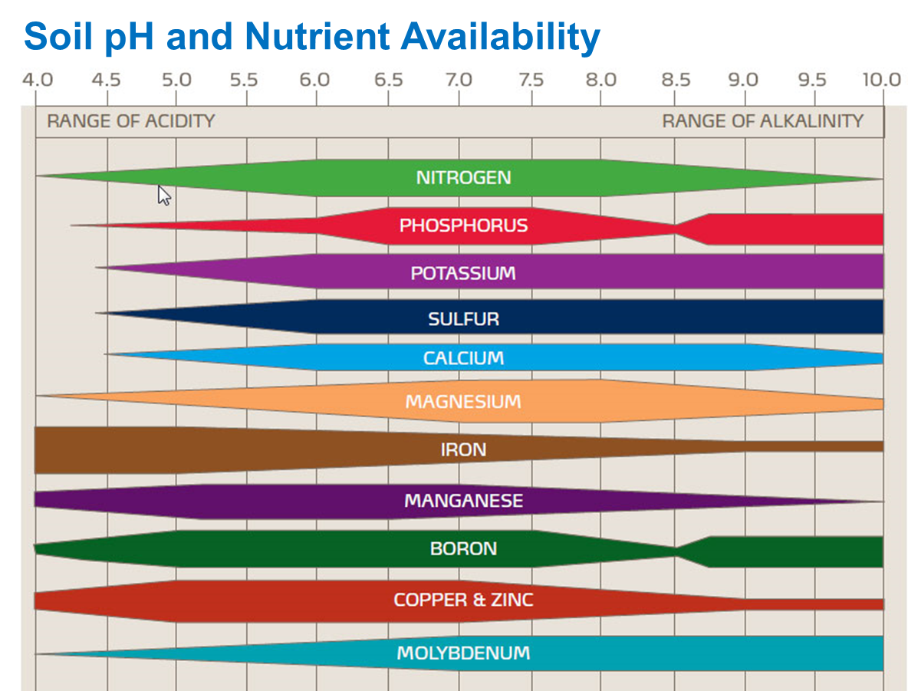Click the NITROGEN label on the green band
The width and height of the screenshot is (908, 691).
coord(463,178)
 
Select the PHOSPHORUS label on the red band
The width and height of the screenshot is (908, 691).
coord(463,226)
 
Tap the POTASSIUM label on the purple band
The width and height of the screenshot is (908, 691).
coord(463,274)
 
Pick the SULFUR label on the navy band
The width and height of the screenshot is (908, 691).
coord(463,319)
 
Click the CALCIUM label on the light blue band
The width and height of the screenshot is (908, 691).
coord(463,358)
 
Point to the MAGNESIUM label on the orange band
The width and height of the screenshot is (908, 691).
coord(463,402)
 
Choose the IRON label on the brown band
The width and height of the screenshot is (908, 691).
coord(463,449)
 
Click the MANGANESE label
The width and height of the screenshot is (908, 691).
coord(463,502)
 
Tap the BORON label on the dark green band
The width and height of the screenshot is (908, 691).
coord(463,549)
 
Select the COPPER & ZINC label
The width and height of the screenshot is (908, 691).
coord(463,600)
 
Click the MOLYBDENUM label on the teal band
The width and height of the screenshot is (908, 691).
coord(463,653)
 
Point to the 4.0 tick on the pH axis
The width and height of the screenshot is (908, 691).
coord(37,80)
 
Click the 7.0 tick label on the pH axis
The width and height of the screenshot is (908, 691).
coord(459,80)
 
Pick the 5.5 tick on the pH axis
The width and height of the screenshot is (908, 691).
coord(247,80)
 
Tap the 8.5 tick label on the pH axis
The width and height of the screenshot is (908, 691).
coord(676,80)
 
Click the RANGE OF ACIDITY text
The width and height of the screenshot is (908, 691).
coord(131,121)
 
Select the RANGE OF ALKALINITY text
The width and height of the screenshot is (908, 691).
coord(762,121)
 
